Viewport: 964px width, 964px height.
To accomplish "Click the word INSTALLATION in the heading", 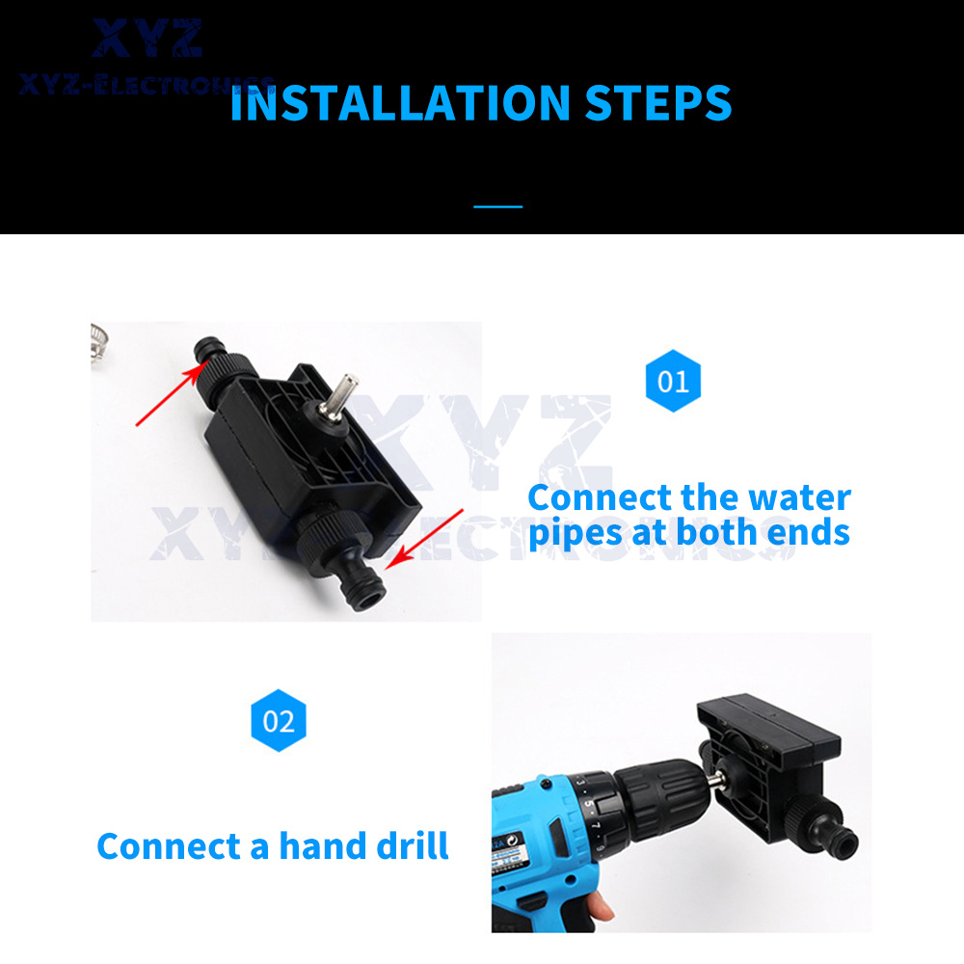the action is [400, 103].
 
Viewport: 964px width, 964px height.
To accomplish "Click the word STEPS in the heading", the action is [658, 103].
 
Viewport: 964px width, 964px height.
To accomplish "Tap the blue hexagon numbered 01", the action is [673, 381].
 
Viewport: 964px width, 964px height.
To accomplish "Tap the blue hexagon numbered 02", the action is [279, 720].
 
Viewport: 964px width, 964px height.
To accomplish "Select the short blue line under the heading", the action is [498, 206].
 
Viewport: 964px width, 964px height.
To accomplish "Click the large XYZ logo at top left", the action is [147, 39].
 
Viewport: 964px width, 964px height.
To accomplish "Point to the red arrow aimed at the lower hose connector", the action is [424, 539].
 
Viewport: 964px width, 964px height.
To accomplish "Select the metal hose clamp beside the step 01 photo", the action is [98, 344].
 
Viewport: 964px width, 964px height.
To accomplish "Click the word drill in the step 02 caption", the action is [413, 846].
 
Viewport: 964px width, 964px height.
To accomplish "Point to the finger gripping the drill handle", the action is [600, 907].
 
